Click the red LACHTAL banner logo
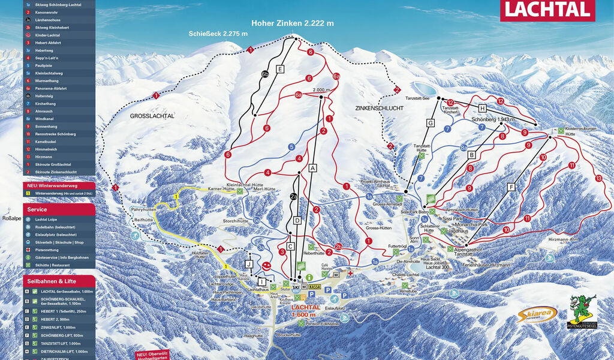(x=547, y=10)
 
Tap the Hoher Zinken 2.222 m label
(x=293, y=23)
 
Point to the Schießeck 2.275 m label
(x=218, y=34)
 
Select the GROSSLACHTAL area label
(x=152, y=116)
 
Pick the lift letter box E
(x=279, y=70)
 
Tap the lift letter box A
(x=312, y=169)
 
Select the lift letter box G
(x=430, y=123)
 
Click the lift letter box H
(x=482, y=108)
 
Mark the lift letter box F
(x=511, y=187)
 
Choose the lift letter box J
(x=248, y=263)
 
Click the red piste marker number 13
(x=598, y=178)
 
